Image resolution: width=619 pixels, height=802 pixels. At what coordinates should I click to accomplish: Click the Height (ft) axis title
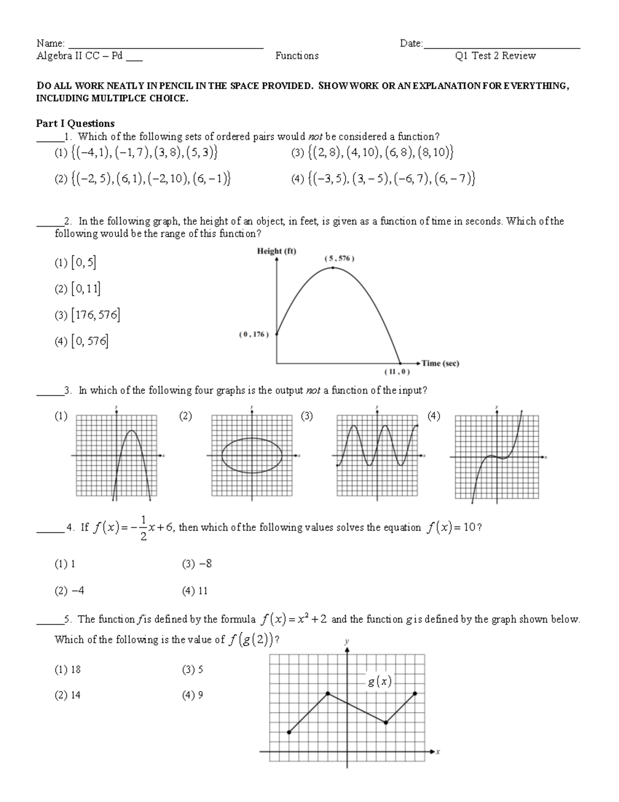(276, 251)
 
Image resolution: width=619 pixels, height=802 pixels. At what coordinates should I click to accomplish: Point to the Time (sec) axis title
(440, 363)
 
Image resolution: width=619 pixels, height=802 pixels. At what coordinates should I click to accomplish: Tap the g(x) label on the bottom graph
(379, 682)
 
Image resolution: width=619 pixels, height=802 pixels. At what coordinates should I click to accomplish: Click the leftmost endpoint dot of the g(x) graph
(289, 732)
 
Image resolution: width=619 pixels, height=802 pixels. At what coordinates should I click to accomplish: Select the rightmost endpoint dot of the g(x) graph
(415, 694)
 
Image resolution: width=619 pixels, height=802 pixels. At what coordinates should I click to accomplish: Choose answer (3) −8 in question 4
(197, 564)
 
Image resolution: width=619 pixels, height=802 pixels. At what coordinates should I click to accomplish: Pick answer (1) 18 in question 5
(68, 670)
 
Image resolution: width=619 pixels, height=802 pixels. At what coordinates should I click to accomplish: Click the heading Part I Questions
(75, 123)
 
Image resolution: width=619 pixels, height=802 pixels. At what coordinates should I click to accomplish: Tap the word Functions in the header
(297, 56)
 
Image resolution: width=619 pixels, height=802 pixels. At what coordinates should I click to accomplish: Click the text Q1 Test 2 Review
(495, 56)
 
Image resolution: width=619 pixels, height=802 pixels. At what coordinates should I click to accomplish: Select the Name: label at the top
(50, 43)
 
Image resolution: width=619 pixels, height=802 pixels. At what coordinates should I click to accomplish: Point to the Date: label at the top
(411, 43)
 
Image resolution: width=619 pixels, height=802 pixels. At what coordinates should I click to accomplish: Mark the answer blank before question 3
(50, 391)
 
